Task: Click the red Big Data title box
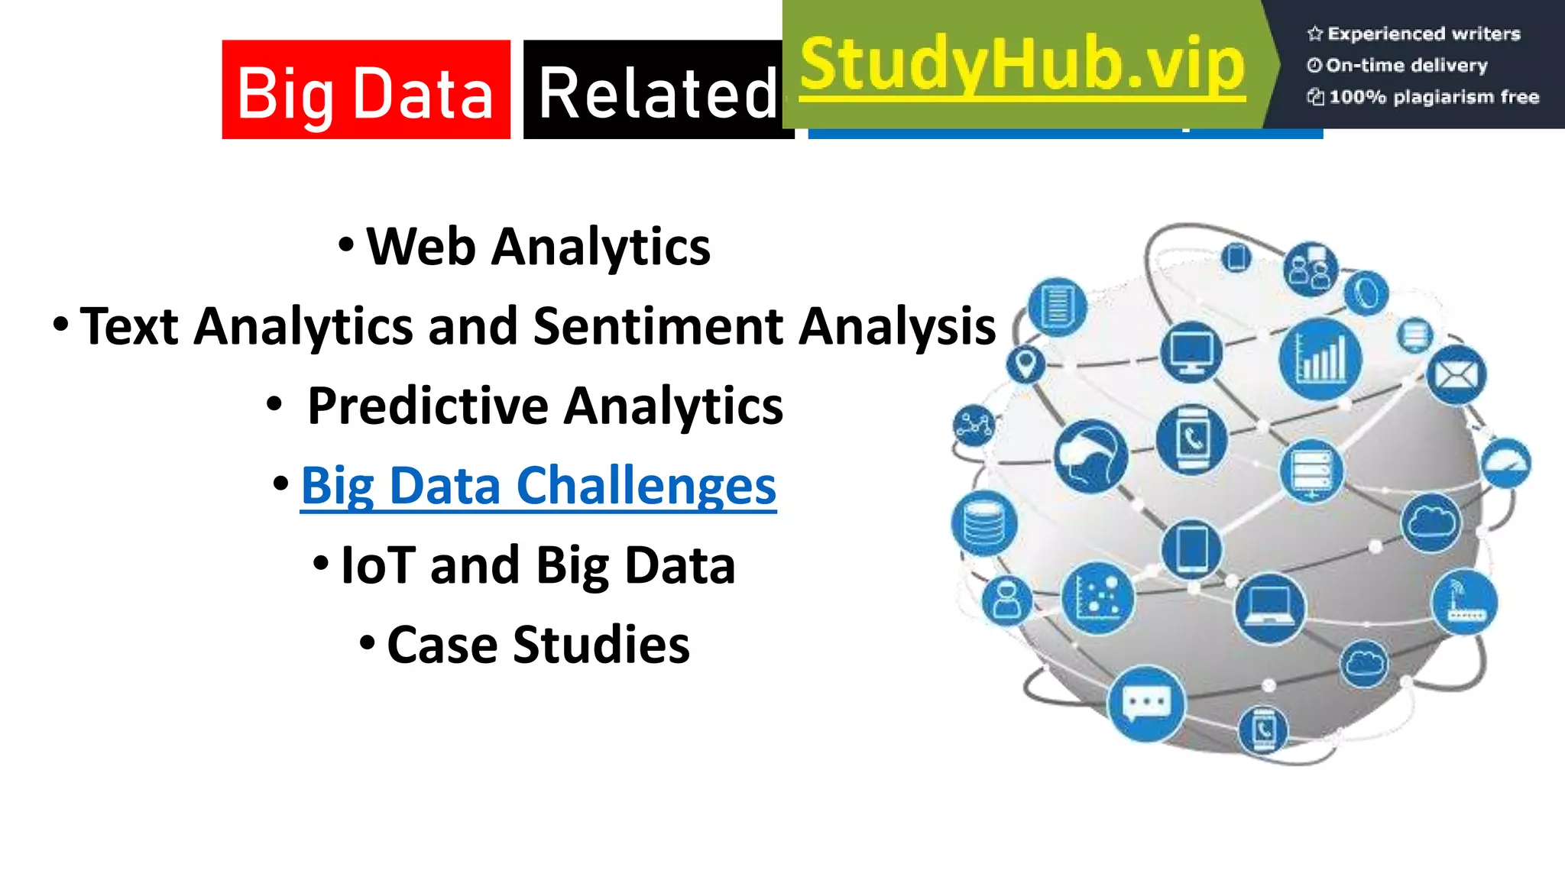coord(365,90)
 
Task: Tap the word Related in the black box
coord(657,93)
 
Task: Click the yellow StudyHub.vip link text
coord(1022,66)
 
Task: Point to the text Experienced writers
coord(1423,34)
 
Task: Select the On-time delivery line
coord(1406,66)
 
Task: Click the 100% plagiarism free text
coord(1433,97)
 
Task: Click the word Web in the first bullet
coord(421,247)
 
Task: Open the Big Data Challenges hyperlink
coord(538,486)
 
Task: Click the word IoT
coord(377,565)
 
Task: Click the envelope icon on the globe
coord(1456,375)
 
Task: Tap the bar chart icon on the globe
coord(1320,358)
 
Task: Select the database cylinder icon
coord(983,523)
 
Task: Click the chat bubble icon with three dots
coord(1146,704)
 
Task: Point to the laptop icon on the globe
coord(1269,608)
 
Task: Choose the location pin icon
coord(1026,363)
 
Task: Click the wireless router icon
coord(1464,603)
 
